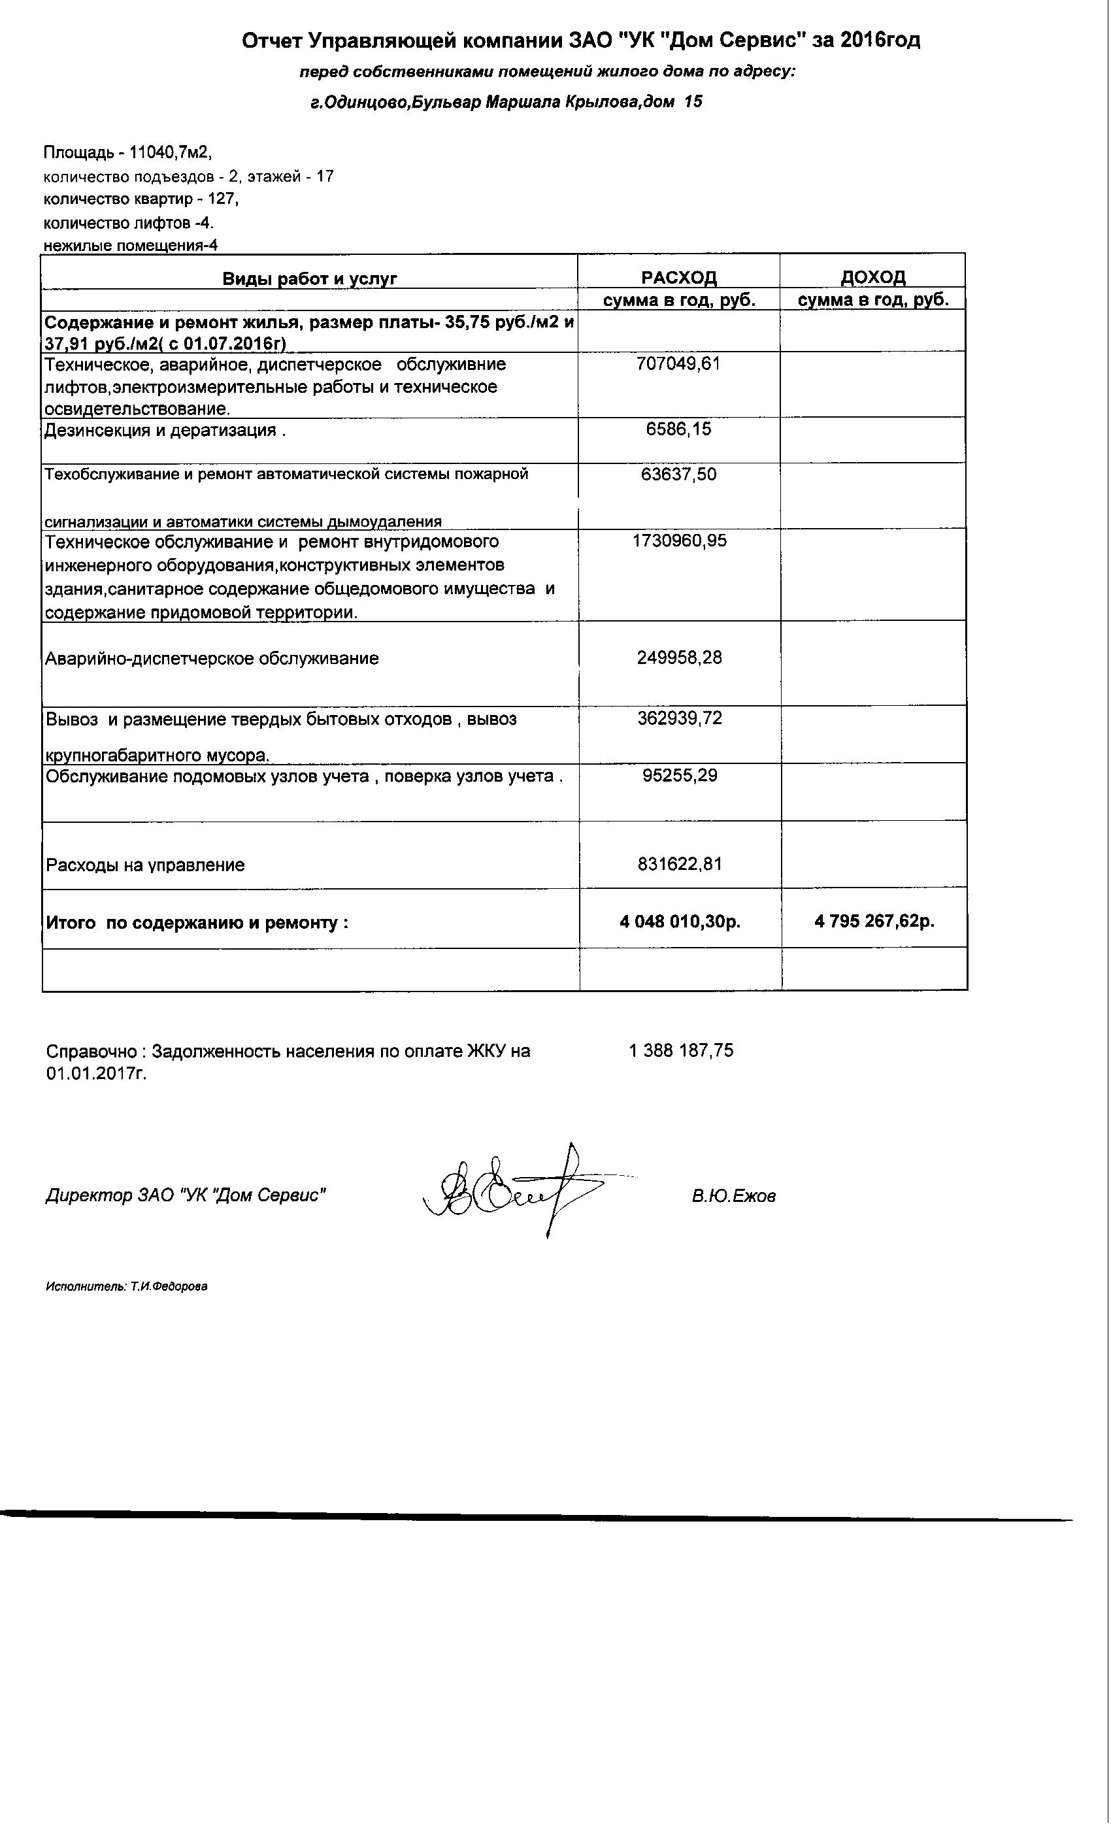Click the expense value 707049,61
point(678,364)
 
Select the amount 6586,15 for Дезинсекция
point(678,429)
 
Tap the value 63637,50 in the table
point(678,474)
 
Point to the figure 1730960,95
point(679,541)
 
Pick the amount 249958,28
point(679,657)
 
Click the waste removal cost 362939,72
point(679,718)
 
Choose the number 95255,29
point(679,775)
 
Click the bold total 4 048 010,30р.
point(680,922)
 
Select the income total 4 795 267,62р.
point(874,921)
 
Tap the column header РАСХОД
point(679,278)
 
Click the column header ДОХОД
point(872,277)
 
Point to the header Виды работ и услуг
point(310,278)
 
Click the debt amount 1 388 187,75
point(680,1050)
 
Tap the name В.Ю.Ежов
point(733,1196)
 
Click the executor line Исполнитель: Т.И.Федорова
point(126,1286)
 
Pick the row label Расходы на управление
point(146,865)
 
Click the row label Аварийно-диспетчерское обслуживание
point(212,659)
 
